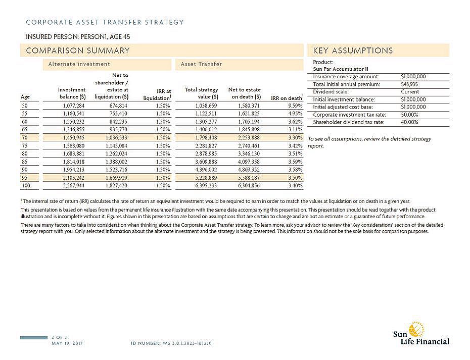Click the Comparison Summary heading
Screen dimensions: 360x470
[x=78, y=50]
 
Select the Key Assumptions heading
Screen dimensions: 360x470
[x=353, y=50]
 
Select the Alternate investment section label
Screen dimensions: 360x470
[x=79, y=64]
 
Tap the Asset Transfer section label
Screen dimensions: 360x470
[x=202, y=64]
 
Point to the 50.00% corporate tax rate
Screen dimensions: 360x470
[x=409, y=115]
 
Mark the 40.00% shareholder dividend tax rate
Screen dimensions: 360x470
[x=409, y=122]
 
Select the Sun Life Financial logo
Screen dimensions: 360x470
[x=420, y=334]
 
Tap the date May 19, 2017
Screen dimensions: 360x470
[x=68, y=343]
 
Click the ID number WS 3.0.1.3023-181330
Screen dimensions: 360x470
[x=171, y=343]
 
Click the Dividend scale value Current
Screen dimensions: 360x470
[x=409, y=92]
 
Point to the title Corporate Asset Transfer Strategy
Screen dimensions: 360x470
[x=105, y=22]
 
